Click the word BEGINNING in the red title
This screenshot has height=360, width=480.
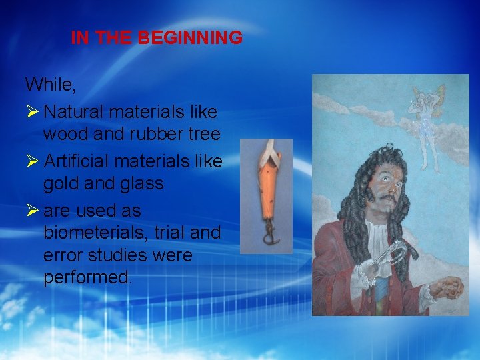(x=190, y=38)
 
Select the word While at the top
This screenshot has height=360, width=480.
(x=48, y=84)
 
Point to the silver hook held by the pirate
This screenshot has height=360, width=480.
(x=393, y=257)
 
